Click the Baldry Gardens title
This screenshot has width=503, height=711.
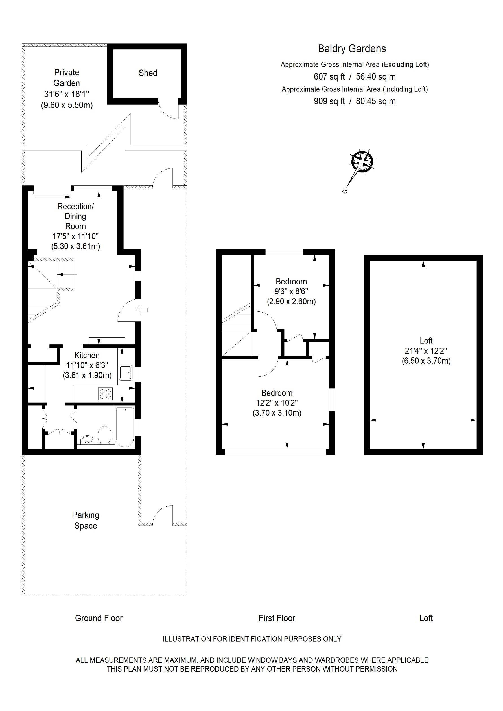(352, 49)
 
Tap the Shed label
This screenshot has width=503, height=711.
(148, 73)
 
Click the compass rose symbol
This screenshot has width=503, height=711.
(362, 162)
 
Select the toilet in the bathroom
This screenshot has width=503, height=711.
(105, 435)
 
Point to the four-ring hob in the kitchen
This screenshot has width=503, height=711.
(105, 394)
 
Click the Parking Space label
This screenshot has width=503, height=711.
(86, 520)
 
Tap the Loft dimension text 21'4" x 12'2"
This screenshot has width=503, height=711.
(426, 351)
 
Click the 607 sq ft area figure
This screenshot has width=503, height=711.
(329, 76)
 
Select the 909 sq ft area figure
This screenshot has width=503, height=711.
(329, 101)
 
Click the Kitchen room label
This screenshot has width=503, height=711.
(87, 355)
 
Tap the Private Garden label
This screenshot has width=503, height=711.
(67, 78)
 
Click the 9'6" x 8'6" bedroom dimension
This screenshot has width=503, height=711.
(291, 291)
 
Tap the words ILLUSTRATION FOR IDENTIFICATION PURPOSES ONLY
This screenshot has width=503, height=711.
(252, 639)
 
